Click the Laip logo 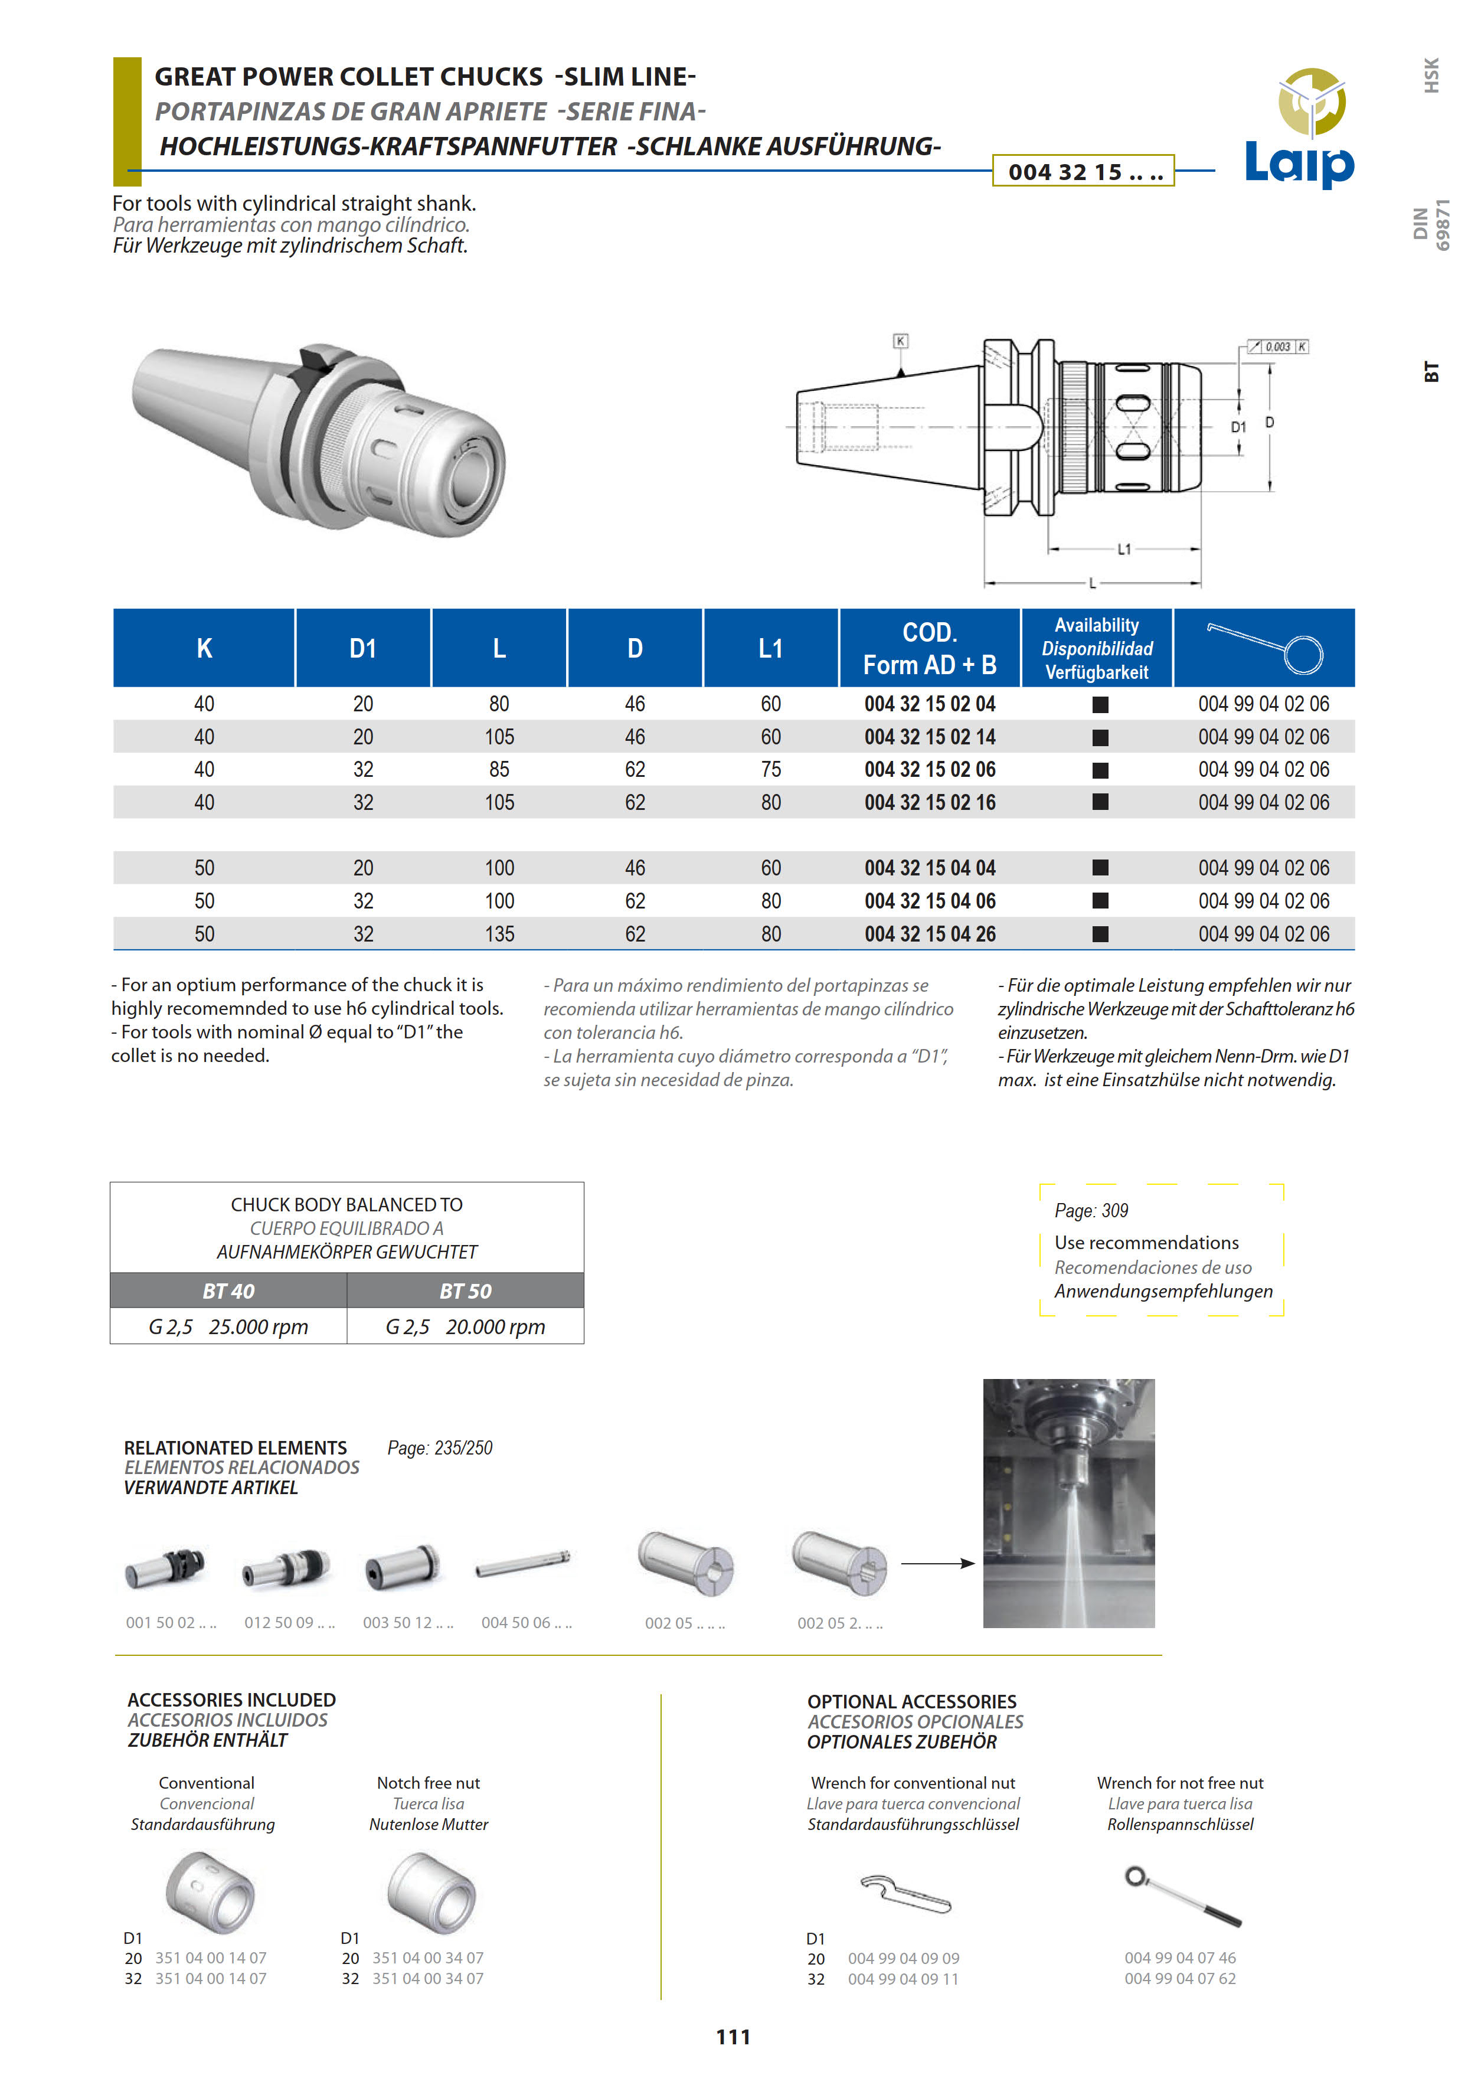coord(1300,129)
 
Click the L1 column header coord(770,648)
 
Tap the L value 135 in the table coord(499,934)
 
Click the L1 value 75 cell coord(770,769)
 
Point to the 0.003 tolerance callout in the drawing coord(1277,347)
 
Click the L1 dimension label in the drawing coord(1124,549)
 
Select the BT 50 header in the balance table coord(466,1291)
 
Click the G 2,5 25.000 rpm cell coord(228,1326)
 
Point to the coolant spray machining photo coord(1068,1504)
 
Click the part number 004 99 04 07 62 coord(1179,1978)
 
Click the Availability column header coord(1097,648)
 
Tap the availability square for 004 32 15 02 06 coord(1100,770)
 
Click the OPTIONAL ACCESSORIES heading coord(911,1701)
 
